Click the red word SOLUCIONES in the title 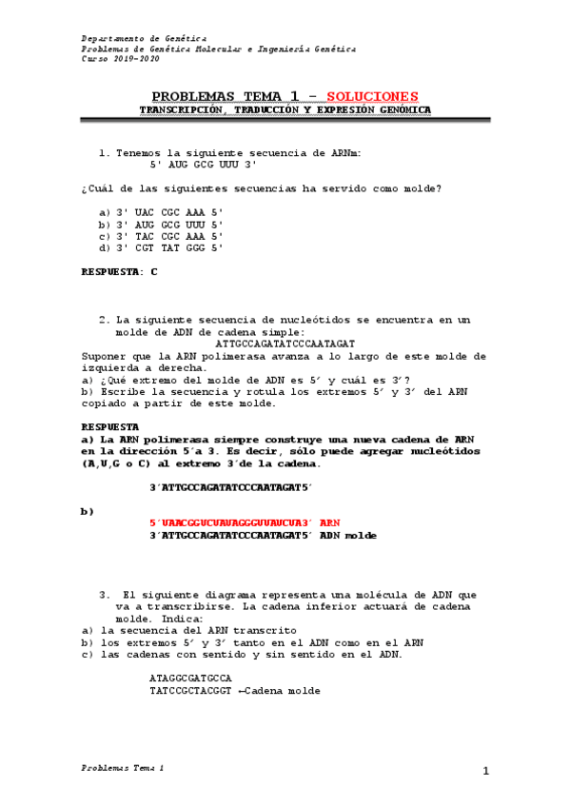tap(371, 96)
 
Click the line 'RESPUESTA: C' tap(119, 272)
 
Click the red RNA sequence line tap(245, 522)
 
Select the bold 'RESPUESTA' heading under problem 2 tap(110, 426)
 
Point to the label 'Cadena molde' tap(288, 691)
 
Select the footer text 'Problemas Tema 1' tap(123, 766)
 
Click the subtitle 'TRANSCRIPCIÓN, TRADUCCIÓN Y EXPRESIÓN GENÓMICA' tap(285, 110)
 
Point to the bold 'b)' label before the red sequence tap(88, 511)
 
